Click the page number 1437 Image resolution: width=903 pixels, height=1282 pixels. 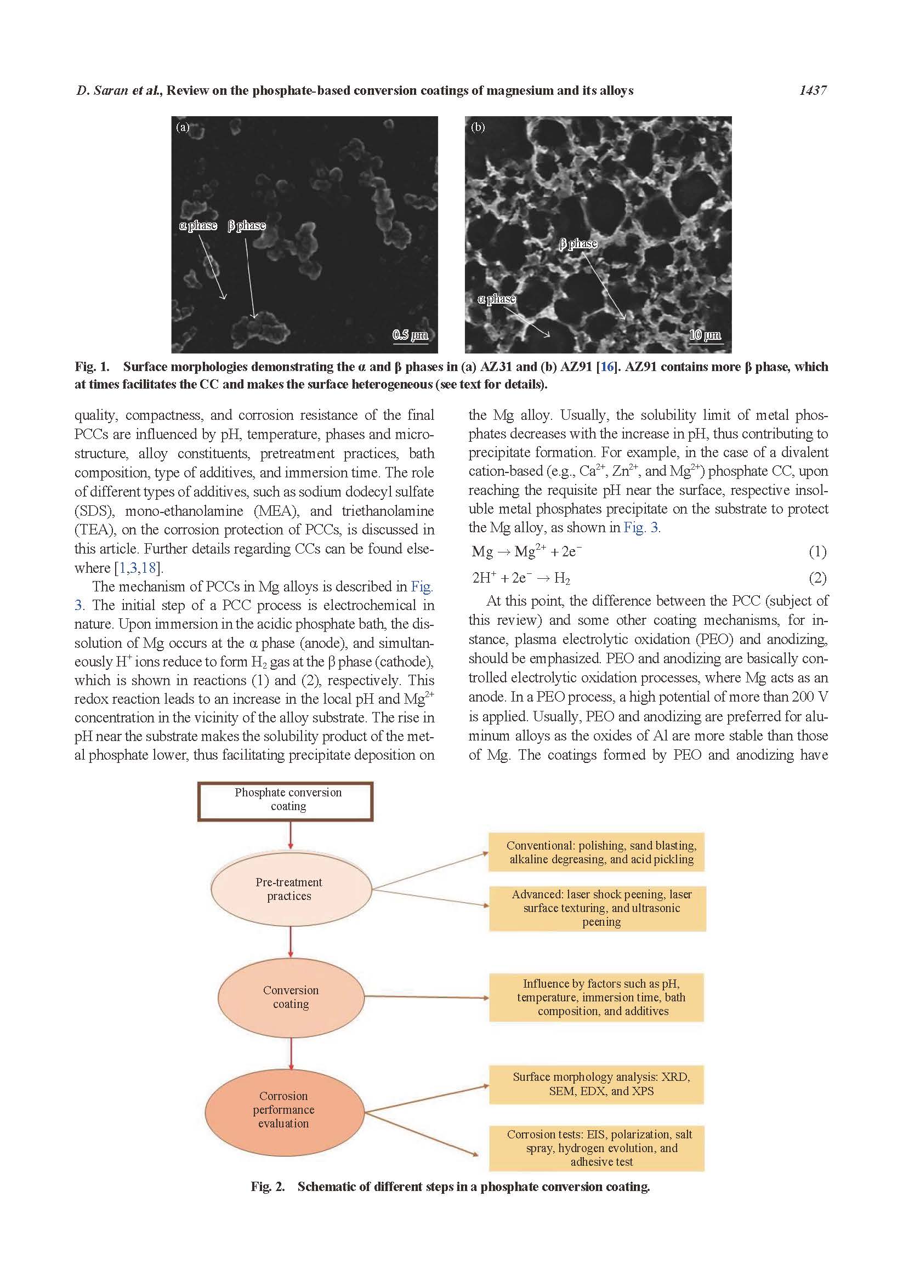(x=813, y=90)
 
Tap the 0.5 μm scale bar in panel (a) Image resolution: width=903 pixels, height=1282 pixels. (x=411, y=335)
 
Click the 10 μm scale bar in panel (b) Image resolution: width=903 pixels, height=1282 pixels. (x=705, y=335)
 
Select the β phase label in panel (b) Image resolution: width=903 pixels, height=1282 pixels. (x=578, y=243)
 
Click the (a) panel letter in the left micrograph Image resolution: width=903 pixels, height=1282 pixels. (x=183, y=127)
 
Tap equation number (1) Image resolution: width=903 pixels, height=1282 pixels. (x=817, y=552)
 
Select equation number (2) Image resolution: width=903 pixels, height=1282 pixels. (x=817, y=578)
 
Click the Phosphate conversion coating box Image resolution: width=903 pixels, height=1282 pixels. (x=285, y=801)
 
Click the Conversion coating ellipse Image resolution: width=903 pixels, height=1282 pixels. (x=291, y=996)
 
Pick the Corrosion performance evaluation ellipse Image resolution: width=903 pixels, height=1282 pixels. (x=283, y=1109)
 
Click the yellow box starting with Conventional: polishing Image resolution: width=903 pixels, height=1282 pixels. (x=596, y=852)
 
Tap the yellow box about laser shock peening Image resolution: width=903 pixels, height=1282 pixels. (x=597, y=908)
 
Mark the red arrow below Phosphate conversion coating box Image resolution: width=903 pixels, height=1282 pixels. (x=291, y=835)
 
